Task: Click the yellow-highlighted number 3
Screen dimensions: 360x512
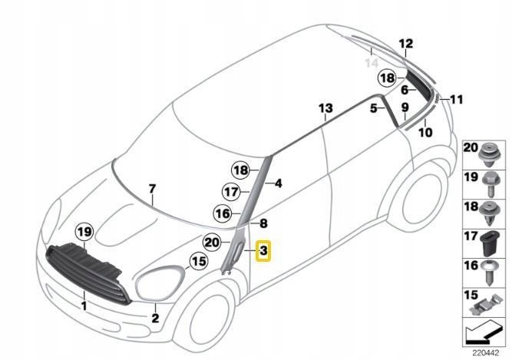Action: point(263,250)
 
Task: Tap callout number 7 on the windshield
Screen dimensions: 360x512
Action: point(152,189)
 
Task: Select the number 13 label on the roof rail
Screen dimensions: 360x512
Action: point(325,107)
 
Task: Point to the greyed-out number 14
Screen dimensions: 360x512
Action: point(372,62)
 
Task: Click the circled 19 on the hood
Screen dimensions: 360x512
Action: point(84,230)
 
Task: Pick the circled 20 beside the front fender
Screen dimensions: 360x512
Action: point(212,242)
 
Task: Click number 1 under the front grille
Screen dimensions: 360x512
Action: point(84,305)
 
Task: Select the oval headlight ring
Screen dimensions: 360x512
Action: point(160,286)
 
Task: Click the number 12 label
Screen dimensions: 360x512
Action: point(406,43)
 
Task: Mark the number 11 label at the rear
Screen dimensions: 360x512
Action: point(457,99)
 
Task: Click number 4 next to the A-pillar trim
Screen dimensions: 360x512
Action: point(278,183)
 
